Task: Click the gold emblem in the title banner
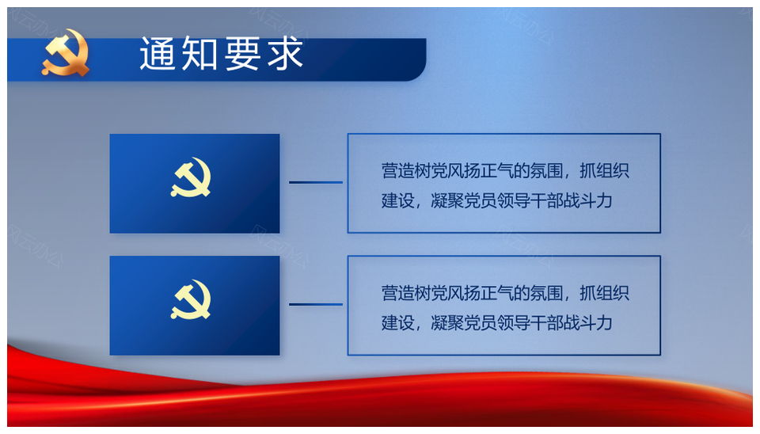(x=66, y=53)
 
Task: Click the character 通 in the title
(x=157, y=54)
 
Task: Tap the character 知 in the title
(x=199, y=54)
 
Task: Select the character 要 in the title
(x=242, y=54)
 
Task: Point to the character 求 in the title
(x=285, y=54)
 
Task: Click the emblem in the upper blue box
(x=191, y=177)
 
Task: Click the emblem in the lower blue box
(x=191, y=299)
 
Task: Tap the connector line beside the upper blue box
(x=316, y=182)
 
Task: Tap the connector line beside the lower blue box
(x=316, y=305)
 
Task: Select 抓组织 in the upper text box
(x=604, y=171)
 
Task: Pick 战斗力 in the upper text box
(x=588, y=200)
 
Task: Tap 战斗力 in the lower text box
(x=588, y=323)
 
